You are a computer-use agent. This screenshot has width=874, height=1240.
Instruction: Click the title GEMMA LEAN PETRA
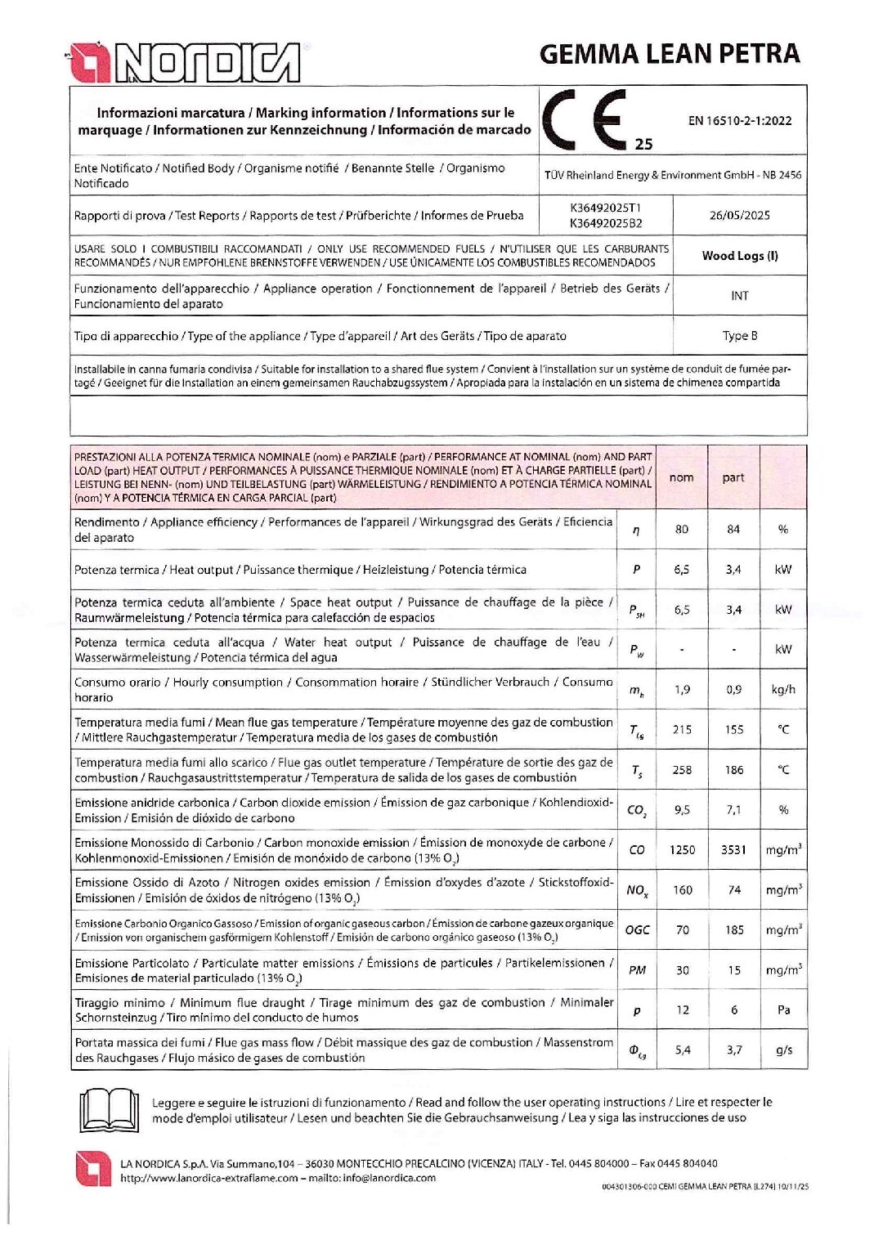coord(669,54)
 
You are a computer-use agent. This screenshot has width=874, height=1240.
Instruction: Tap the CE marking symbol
coord(585,119)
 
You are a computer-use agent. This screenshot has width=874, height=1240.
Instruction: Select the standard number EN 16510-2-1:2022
coord(739,120)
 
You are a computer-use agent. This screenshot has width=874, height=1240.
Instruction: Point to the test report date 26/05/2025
coord(739,215)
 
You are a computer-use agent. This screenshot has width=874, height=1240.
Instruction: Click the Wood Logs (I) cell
coord(739,255)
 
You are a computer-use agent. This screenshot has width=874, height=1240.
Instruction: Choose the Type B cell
coord(739,335)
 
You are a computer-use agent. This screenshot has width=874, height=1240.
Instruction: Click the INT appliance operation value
coord(739,295)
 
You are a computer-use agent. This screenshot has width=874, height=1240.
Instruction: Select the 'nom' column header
coord(681,477)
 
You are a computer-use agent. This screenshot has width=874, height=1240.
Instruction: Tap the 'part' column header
coord(733,477)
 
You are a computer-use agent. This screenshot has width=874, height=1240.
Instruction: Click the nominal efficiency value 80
coord(681,529)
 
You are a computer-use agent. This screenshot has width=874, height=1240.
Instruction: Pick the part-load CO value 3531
coord(733,849)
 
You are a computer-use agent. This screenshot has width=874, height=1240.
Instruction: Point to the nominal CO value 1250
coord(682,849)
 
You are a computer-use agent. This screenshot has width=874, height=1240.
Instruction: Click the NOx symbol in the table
coord(637,890)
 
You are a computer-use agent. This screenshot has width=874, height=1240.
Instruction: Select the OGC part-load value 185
coord(734,929)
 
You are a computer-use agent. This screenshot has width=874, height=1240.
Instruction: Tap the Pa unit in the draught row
coord(783,1009)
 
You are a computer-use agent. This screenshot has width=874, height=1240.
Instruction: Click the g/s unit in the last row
coord(783,1050)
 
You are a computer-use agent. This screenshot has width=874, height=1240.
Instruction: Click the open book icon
coord(109,1109)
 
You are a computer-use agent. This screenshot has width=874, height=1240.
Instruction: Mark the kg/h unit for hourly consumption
coord(783,689)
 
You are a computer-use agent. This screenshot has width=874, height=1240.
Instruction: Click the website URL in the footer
coord(208,1178)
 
